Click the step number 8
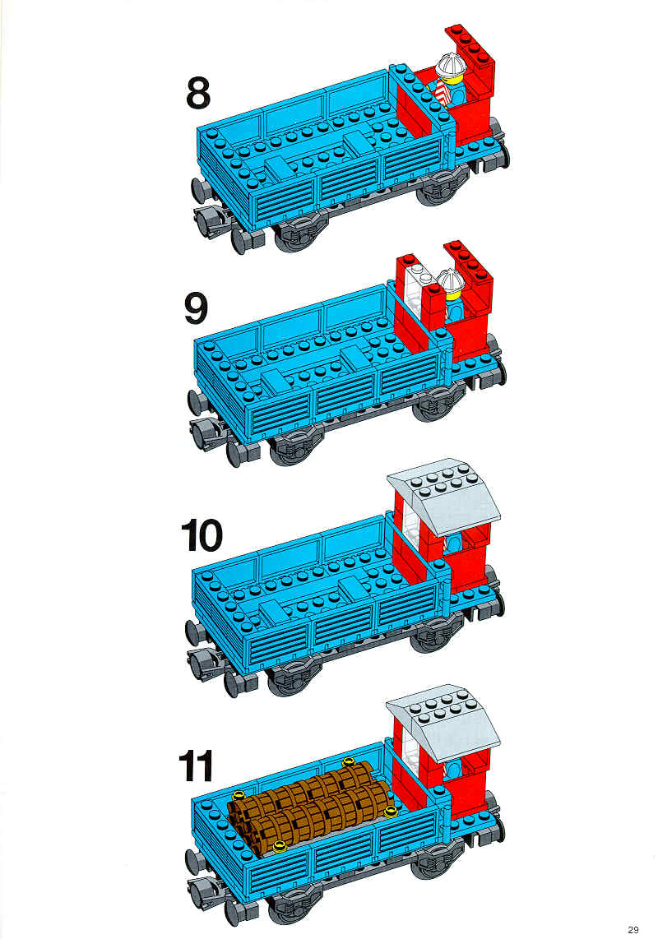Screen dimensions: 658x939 (198, 94)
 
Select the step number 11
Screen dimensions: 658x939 (196, 766)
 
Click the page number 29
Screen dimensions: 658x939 (633, 930)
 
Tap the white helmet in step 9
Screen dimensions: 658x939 (451, 280)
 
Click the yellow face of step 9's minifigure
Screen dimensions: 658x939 (454, 292)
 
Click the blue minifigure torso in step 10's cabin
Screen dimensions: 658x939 (454, 544)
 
